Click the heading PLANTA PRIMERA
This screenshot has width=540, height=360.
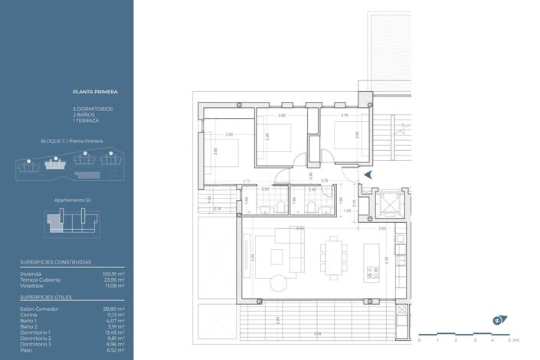(95, 91)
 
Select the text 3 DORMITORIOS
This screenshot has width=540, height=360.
(93, 109)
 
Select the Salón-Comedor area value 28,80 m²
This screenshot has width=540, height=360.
(114, 309)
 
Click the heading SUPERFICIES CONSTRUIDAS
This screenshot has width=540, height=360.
(55, 262)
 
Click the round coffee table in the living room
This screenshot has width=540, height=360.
(278, 283)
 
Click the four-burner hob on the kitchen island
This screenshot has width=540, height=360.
(374, 272)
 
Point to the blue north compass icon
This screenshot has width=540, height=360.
(497, 320)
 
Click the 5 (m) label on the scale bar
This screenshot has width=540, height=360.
(514, 339)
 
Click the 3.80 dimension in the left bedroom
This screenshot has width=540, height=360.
(216, 151)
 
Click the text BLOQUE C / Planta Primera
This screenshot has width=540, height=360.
(72, 142)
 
